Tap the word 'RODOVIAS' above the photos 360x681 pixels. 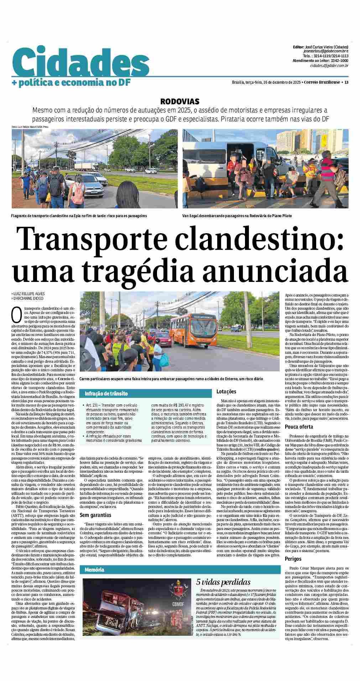click(179, 101)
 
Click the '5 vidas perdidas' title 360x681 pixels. click(223, 582)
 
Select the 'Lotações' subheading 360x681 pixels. click(226, 392)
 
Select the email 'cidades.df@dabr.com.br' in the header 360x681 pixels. click(329, 66)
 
